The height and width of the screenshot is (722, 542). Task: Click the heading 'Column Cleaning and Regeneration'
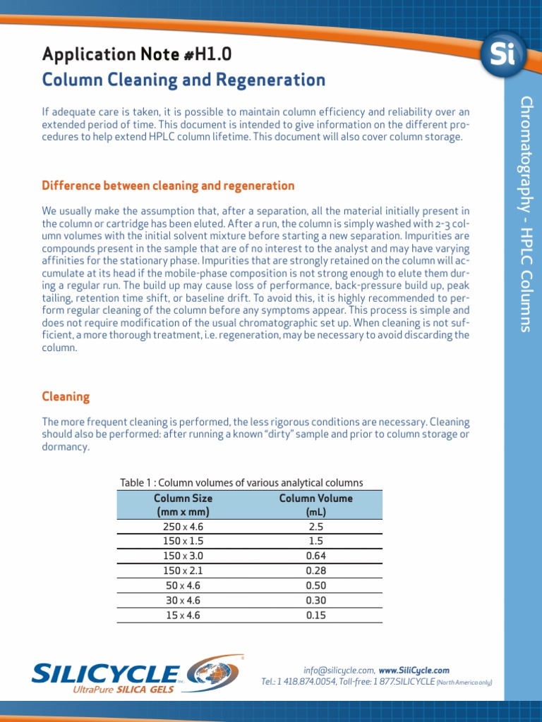183,80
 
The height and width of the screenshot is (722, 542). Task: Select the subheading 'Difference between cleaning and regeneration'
168,186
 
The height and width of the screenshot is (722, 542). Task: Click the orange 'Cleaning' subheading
66,397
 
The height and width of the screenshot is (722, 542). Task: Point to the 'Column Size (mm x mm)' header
183,505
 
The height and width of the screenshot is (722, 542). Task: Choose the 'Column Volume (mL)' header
315,505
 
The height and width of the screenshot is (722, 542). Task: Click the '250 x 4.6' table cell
183,526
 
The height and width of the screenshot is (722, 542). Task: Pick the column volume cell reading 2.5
315,526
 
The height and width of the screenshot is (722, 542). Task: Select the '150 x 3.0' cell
183,556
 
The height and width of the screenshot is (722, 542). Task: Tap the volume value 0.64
315,556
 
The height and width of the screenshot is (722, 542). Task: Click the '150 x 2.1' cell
183,570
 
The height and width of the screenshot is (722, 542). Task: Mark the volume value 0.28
315,570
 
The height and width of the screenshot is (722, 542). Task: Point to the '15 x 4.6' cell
183,615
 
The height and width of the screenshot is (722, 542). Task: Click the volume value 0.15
315,615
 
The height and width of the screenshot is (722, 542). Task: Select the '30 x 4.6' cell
183,600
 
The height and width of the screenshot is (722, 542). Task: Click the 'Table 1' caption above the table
241,483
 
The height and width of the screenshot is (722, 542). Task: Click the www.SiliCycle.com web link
414,671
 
